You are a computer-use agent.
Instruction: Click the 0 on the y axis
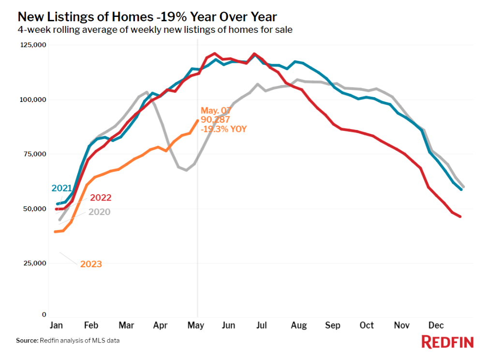43,315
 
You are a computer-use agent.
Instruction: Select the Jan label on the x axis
57,326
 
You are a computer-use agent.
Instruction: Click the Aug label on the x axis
299,326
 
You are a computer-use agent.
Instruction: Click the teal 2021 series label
62,188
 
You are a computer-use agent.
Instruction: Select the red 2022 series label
100,198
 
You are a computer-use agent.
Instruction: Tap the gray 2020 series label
99,212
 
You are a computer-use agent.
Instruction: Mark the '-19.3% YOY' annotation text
223,129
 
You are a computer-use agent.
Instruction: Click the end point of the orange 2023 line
197,120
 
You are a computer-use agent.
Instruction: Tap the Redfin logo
447,342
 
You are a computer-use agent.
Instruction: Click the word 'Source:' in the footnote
27,341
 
